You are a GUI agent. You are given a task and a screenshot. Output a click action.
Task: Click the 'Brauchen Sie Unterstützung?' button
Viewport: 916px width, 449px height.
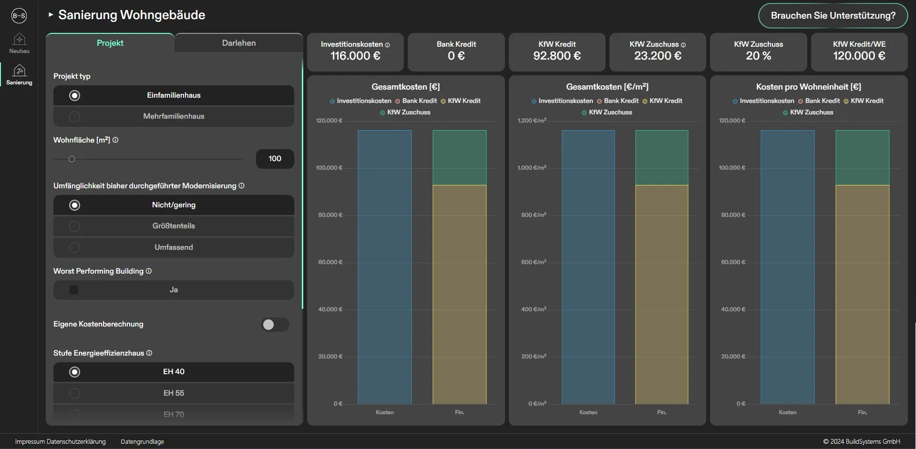[x=833, y=16]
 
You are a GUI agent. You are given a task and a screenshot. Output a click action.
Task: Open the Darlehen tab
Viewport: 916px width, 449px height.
[x=238, y=43]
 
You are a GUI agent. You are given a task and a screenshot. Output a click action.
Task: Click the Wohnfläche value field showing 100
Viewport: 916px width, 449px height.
[x=275, y=159]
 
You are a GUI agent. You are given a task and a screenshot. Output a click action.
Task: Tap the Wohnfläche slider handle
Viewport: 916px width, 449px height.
[x=72, y=159]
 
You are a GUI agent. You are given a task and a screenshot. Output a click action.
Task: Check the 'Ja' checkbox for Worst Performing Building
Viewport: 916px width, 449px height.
[x=74, y=290]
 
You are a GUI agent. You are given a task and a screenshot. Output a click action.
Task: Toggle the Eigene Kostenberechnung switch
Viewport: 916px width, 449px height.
[x=275, y=325]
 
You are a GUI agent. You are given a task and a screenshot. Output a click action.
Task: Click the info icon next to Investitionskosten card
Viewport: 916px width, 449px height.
[x=388, y=45]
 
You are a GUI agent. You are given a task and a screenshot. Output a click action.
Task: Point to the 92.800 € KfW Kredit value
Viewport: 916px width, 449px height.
[x=556, y=56]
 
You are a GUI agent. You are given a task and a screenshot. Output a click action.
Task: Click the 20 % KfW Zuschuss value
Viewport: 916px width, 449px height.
[x=758, y=56]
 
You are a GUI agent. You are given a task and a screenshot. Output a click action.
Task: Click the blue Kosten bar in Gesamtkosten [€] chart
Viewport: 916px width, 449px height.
[x=384, y=267]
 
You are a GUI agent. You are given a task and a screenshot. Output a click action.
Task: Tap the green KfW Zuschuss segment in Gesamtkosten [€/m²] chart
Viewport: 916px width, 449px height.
[x=661, y=157]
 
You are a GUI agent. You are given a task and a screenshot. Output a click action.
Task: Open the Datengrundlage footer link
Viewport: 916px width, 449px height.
[x=142, y=442]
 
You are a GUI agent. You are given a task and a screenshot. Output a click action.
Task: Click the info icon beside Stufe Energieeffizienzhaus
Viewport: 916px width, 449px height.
[x=149, y=353]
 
